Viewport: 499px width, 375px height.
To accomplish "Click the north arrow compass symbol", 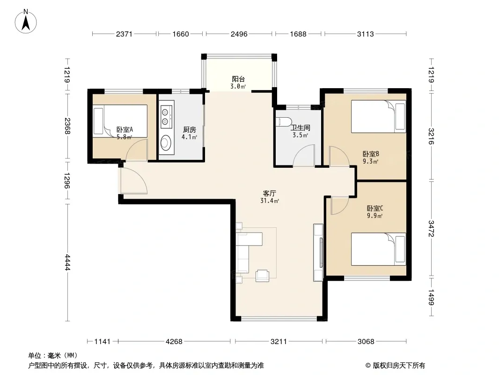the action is (x=26, y=22).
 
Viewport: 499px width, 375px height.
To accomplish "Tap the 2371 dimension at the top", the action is (x=124, y=34).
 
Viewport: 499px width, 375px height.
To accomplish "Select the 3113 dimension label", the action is (x=365, y=34).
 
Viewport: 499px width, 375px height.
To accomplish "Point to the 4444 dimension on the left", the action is (x=67, y=262).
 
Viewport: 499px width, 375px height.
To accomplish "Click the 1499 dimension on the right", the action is (x=431, y=297).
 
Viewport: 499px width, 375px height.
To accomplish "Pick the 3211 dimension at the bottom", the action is (x=279, y=342).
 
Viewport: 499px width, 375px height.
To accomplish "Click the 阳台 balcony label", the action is (x=238, y=79).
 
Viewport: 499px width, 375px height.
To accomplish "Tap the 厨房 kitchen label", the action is (x=190, y=130).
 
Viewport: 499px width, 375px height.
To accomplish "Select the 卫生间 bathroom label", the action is (x=301, y=128).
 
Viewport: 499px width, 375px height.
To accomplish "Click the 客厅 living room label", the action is (x=270, y=194).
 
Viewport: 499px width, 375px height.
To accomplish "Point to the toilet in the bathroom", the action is (x=285, y=122).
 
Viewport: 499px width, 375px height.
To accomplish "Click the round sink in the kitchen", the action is (x=166, y=143).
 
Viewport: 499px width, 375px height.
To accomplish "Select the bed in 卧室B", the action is (x=378, y=116).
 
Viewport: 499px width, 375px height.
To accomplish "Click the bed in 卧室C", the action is (x=378, y=249).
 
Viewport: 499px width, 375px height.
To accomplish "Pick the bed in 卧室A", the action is (x=120, y=121).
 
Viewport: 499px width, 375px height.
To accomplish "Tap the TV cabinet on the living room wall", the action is (x=319, y=252).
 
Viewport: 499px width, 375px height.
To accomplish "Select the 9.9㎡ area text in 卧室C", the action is (x=374, y=216).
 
